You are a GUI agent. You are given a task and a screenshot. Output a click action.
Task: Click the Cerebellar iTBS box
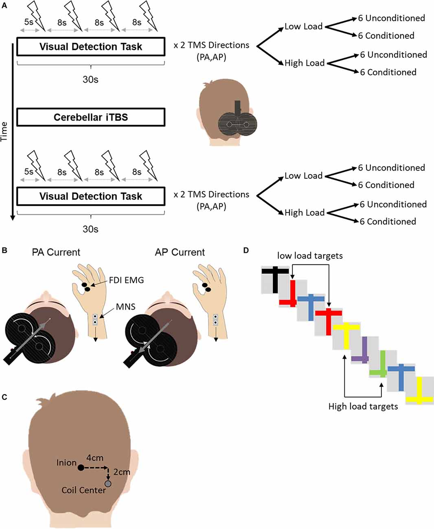click(90, 117)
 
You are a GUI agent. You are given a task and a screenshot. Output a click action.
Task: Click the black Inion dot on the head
click(81, 468)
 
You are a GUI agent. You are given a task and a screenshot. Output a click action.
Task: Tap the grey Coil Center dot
click(108, 483)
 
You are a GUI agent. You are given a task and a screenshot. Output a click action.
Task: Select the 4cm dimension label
click(94, 458)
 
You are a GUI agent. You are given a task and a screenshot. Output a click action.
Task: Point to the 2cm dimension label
click(121, 472)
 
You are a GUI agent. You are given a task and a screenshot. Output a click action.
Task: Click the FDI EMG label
click(126, 280)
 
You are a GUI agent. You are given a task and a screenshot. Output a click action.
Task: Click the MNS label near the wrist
click(125, 306)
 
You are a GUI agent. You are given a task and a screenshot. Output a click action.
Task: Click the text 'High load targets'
click(363, 406)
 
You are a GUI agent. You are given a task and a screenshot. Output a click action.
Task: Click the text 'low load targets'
click(310, 256)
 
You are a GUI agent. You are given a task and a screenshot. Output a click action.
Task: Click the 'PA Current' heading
click(56, 252)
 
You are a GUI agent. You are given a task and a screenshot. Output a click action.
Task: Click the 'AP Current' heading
click(180, 252)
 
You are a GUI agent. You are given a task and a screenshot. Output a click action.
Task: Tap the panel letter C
click(4, 397)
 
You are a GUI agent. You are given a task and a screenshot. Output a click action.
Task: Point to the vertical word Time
click(4, 131)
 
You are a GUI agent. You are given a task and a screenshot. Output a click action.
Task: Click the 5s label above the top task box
click(28, 22)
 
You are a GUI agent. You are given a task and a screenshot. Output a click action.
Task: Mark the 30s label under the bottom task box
click(90, 229)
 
